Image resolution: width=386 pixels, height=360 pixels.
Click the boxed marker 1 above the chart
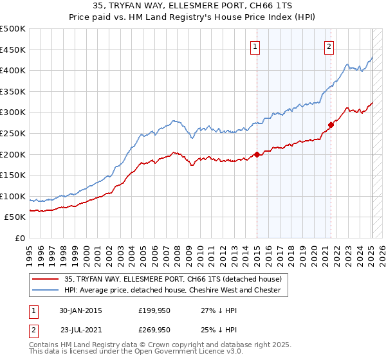click(255, 46)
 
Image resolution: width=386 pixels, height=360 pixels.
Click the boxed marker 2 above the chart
click(329, 46)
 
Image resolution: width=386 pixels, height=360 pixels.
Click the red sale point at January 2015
click(257, 154)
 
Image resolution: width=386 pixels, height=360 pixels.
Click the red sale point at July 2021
click(331, 125)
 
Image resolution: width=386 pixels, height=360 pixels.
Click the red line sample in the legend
click(46, 280)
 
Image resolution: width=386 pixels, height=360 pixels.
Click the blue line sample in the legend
click(46, 291)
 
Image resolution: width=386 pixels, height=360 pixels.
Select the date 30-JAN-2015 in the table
click(80, 310)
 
